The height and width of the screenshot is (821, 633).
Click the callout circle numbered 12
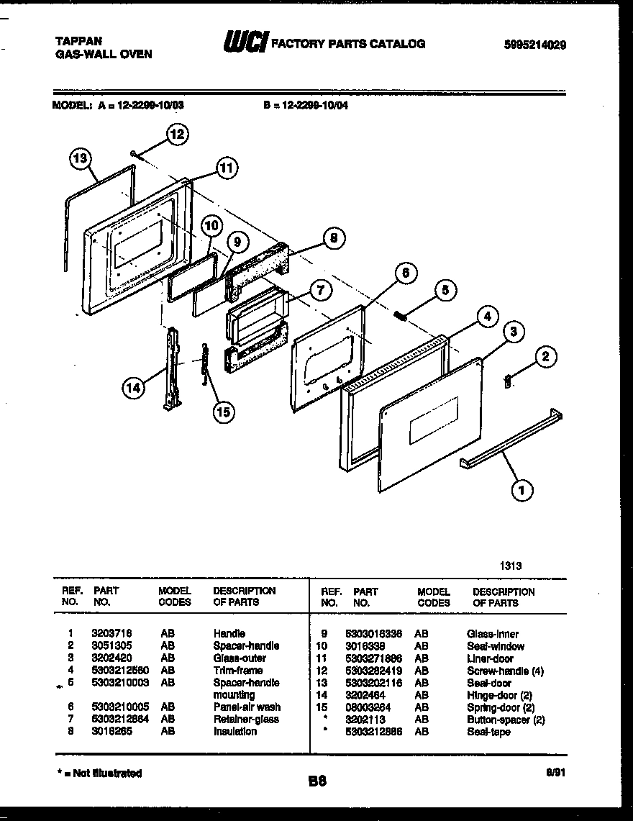click(x=177, y=134)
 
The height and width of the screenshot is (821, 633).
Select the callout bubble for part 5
click(x=445, y=291)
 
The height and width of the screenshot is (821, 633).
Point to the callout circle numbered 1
click(x=522, y=491)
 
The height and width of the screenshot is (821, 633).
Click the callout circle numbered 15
click(x=224, y=412)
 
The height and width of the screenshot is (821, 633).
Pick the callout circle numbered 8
click(x=332, y=239)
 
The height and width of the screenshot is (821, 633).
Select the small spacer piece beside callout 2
click(x=509, y=381)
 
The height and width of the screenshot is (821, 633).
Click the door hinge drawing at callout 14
click(x=172, y=368)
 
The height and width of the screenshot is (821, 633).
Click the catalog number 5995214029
click(x=534, y=44)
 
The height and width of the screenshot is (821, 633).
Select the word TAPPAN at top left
click(x=78, y=42)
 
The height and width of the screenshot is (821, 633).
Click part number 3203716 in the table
click(x=111, y=634)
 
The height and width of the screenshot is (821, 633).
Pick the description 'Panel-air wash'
click(x=247, y=707)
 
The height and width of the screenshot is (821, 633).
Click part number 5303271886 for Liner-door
click(x=374, y=658)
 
